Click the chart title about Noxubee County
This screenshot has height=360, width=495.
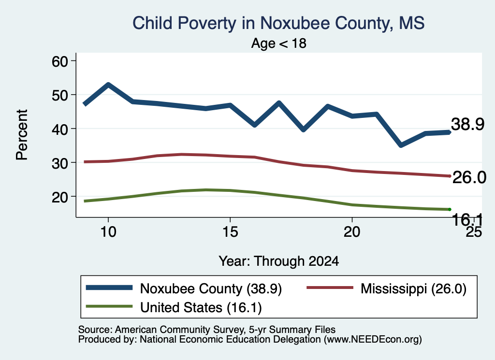(278, 23)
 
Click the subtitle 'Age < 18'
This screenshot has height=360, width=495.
(278, 43)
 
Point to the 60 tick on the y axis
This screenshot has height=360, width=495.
(60, 61)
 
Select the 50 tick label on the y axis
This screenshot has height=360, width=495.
(60, 95)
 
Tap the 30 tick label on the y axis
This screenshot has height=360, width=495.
(60, 163)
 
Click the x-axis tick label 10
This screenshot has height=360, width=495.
(108, 232)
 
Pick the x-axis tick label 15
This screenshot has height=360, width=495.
(230, 232)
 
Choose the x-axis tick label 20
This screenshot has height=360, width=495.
(352, 232)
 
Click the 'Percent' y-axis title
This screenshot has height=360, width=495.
(22, 135)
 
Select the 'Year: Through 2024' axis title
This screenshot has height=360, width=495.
(279, 261)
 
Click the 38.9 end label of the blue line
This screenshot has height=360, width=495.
(467, 124)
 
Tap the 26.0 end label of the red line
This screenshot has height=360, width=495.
(469, 177)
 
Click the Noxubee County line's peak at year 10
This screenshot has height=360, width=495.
(108, 85)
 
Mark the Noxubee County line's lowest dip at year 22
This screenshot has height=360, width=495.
(401, 145)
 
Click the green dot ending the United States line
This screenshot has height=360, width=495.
(450, 210)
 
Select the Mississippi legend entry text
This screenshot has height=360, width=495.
(414, 288)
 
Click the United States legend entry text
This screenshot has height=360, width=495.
(201, 308)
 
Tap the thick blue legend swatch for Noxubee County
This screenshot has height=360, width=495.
(109, 288)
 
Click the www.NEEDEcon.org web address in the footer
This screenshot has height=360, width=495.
(373, 340)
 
